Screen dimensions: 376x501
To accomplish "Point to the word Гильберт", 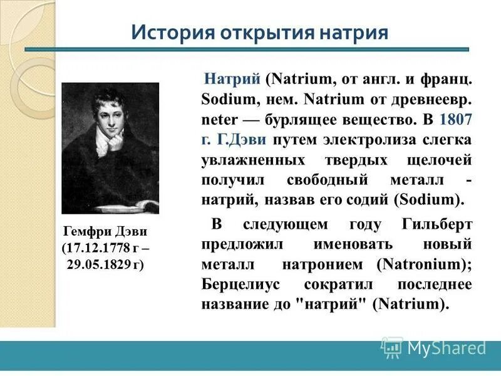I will click(438, 224).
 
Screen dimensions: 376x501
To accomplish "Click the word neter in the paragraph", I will click(217, 119).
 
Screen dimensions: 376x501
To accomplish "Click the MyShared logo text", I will click(447, 347).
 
